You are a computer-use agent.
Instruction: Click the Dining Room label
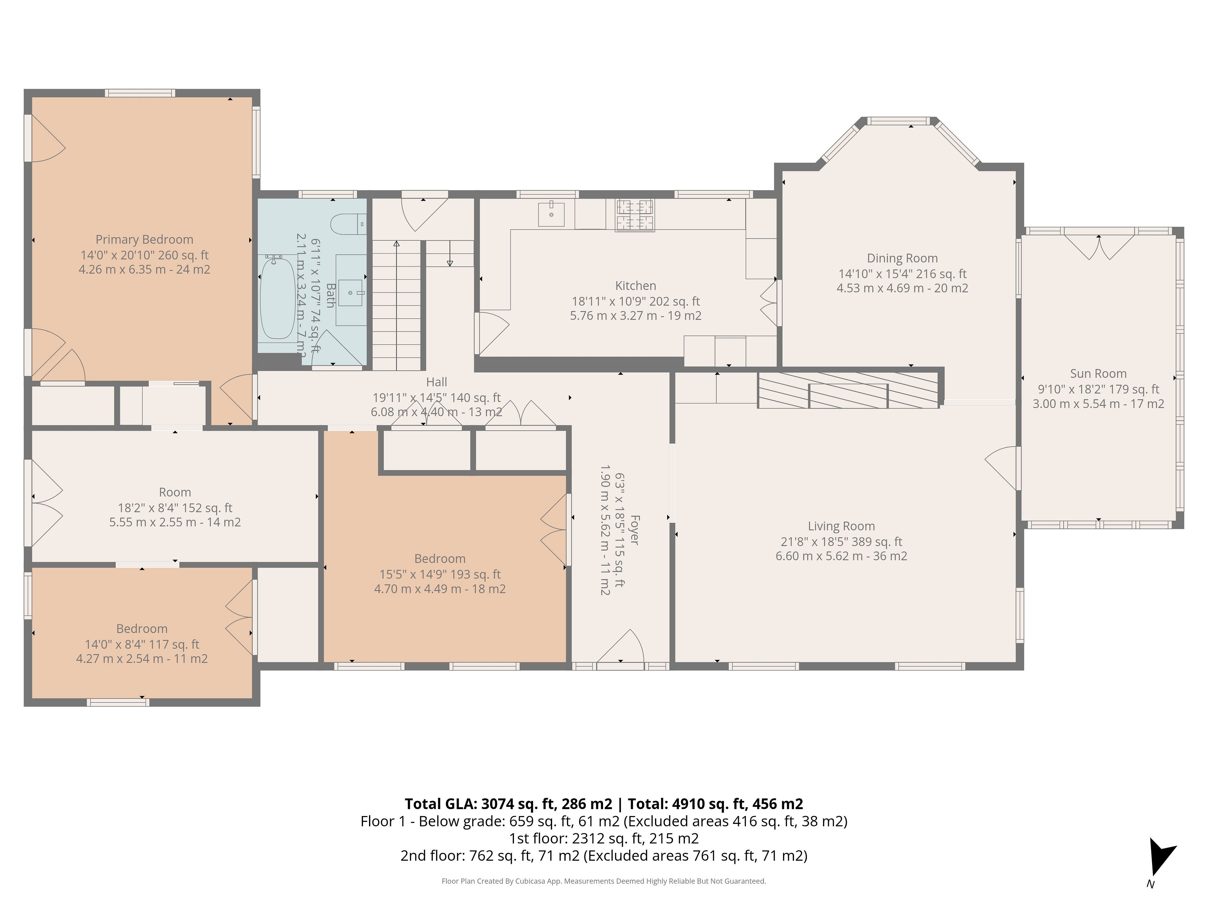[x=902, y=258]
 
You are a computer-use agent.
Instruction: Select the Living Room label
[x=841, y=526]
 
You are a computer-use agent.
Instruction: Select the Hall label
[x=436, y=382]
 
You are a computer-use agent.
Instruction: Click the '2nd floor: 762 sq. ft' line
[x=603, y=856]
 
